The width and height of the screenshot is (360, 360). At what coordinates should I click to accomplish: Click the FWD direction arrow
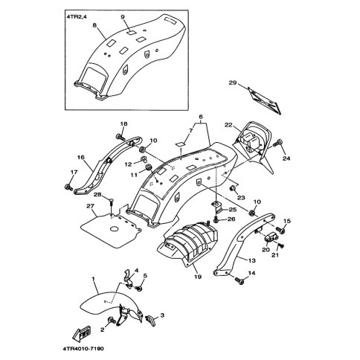(82, 333)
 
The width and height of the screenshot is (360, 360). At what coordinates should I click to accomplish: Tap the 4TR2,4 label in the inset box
(77, 17)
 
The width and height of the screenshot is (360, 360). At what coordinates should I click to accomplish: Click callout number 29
(233, 83)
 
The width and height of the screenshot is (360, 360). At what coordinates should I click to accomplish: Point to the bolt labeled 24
(278, 143)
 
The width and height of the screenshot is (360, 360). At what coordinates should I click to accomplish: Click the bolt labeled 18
(120, 136)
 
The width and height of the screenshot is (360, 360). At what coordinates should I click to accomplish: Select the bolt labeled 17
(68, 187)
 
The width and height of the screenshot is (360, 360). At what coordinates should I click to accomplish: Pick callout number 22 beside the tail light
(228, 125)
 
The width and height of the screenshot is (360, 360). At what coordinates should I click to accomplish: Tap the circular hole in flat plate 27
(115, 229)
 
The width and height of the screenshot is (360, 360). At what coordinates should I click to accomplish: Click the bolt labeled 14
(239, 280)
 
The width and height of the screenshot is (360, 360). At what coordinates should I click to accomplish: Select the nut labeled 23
(233, 188)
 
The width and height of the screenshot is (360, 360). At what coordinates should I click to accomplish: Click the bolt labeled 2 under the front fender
(112, 320)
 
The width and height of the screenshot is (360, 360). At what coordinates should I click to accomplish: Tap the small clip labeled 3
(150, 320)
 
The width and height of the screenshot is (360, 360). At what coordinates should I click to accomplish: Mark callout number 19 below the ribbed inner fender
(198, 277)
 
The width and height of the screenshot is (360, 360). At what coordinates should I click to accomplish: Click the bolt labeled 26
(216, 219)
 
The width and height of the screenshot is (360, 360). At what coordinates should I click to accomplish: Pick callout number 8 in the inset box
(94, 25)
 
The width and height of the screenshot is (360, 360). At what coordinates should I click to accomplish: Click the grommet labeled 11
(148, 167)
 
